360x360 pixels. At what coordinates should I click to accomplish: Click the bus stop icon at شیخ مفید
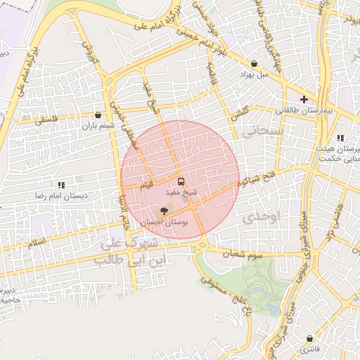(x=181, y=181)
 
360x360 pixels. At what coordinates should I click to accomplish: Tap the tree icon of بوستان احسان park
(x=164, y=210)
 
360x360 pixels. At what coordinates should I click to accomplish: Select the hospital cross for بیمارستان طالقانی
(x=303, y=100)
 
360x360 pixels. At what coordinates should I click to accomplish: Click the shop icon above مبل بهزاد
(x=253, y=63)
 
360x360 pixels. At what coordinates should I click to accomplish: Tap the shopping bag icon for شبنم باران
(x=98, y=115)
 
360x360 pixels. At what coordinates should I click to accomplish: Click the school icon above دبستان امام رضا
(x=61, y=185)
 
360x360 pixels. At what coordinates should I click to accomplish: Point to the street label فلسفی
(x=49, y=120)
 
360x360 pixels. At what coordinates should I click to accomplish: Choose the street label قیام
(x=146, y=185)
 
